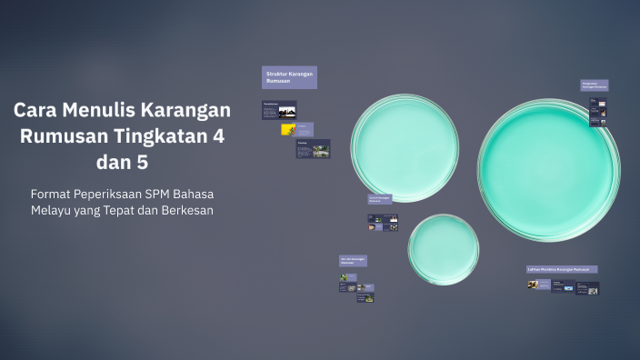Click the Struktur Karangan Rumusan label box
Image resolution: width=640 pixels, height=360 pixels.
point(289,77)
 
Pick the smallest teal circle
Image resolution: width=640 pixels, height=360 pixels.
point(443,248)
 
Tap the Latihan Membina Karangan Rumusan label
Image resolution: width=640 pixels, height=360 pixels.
point(562,269)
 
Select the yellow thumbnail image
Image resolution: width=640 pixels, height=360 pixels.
point(287,129)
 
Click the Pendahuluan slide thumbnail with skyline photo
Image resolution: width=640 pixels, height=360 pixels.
point(279,109)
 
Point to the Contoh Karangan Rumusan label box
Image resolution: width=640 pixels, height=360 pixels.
point(380,198)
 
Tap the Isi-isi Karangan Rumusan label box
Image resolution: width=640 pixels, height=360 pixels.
point(353,261)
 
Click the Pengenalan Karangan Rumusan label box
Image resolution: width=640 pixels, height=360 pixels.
point(595,85)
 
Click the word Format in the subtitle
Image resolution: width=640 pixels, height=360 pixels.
point(54,194)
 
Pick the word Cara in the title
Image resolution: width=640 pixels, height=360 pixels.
point(33,110)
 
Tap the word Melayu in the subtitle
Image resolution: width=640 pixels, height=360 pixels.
point(51,210)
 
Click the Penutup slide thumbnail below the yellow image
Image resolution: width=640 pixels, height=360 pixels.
point(313,148)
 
